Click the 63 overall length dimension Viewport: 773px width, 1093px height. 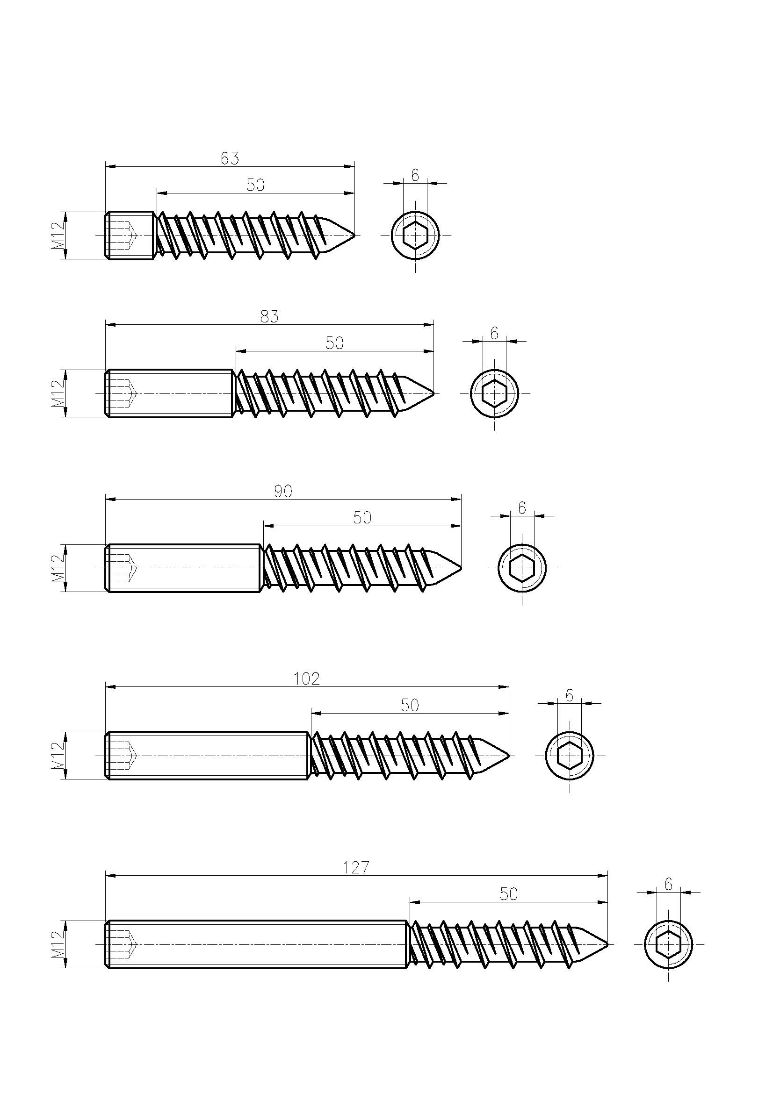click(230, 158)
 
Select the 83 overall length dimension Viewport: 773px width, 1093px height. click(269, 316)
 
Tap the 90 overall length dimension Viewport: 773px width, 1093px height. click(283, 491)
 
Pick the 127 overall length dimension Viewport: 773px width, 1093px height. click(356, 868)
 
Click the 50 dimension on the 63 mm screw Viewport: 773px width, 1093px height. click(256, 185)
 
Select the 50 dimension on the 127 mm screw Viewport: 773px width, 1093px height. click(509, 894)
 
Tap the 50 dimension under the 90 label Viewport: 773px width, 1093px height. click(362, 517)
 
